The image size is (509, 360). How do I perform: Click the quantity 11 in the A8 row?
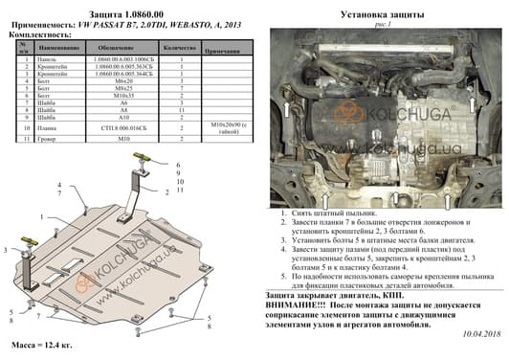coord(181,111)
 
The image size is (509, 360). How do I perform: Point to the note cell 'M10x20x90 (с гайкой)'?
coord(229,126)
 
